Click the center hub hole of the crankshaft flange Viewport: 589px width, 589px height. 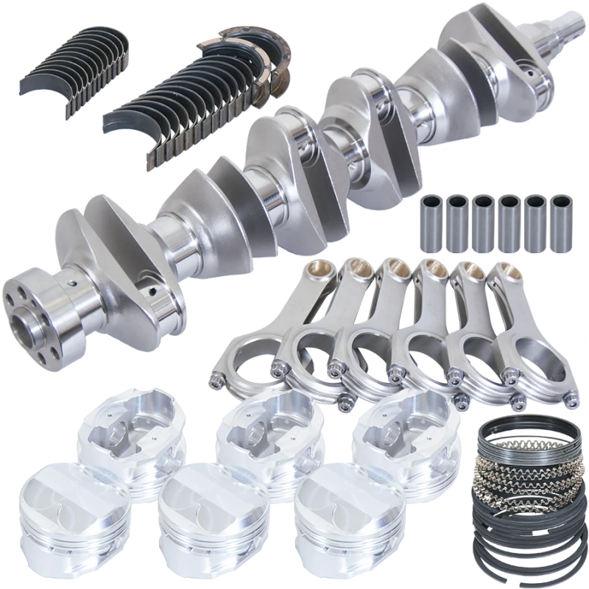tap(29, 324)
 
